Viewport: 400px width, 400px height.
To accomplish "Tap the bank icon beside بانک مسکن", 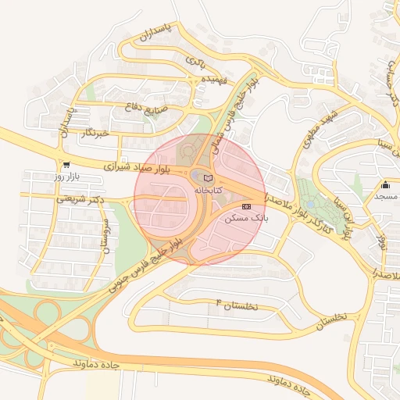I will (247, 206).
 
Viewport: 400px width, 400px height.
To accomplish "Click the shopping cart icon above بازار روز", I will (66, 166).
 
